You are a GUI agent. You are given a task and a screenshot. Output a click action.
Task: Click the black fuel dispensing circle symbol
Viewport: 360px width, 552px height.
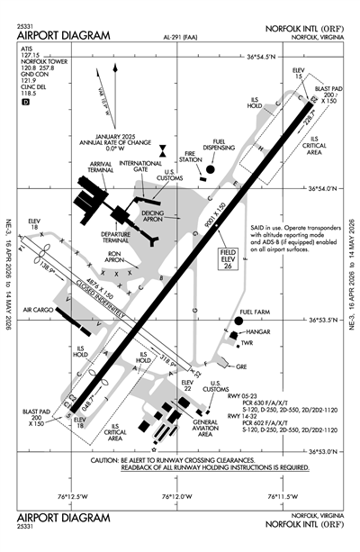point(210,167)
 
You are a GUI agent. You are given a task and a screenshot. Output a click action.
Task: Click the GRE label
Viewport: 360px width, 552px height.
point(241,367)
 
